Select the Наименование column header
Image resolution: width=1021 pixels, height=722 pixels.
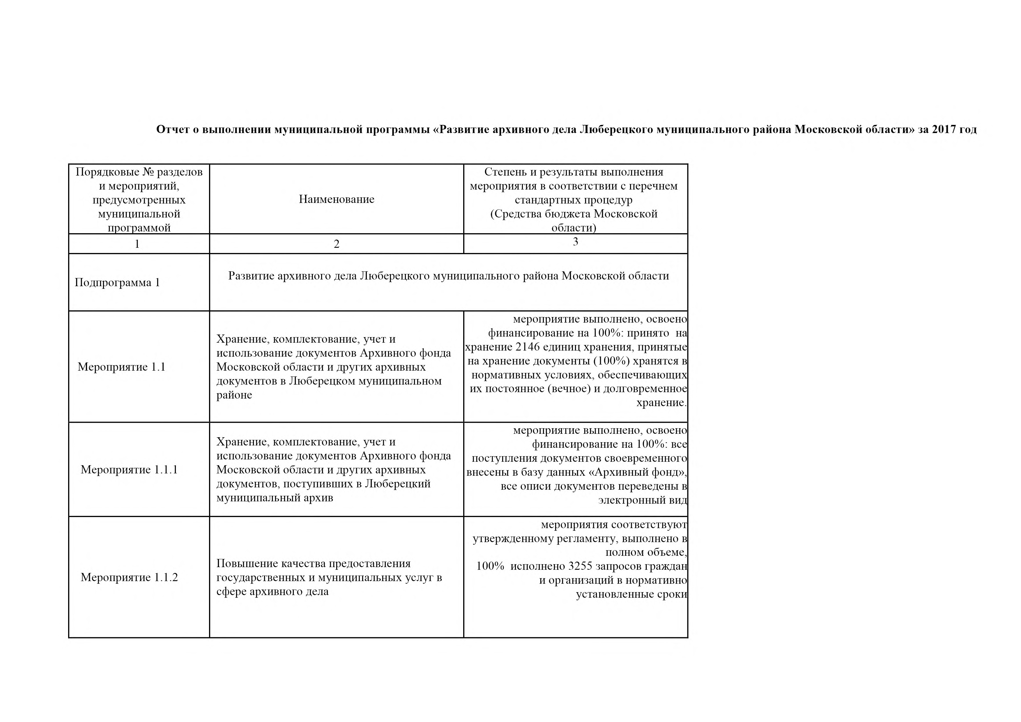click(336, 199)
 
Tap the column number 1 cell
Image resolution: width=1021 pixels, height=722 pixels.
click(137, 244)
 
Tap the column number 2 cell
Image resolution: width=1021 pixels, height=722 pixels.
click(336, 244)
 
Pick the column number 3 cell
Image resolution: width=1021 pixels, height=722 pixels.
click(576, 242)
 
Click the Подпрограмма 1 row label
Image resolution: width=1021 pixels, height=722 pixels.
click(117, 283)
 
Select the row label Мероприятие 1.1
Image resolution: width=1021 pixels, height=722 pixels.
click(121, 367)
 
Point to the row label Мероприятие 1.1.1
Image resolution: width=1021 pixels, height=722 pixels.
click(129, 470)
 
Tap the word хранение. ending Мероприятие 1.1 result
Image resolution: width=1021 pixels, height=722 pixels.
click(661, 403)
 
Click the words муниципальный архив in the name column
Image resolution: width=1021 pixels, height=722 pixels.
click(274, 498)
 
